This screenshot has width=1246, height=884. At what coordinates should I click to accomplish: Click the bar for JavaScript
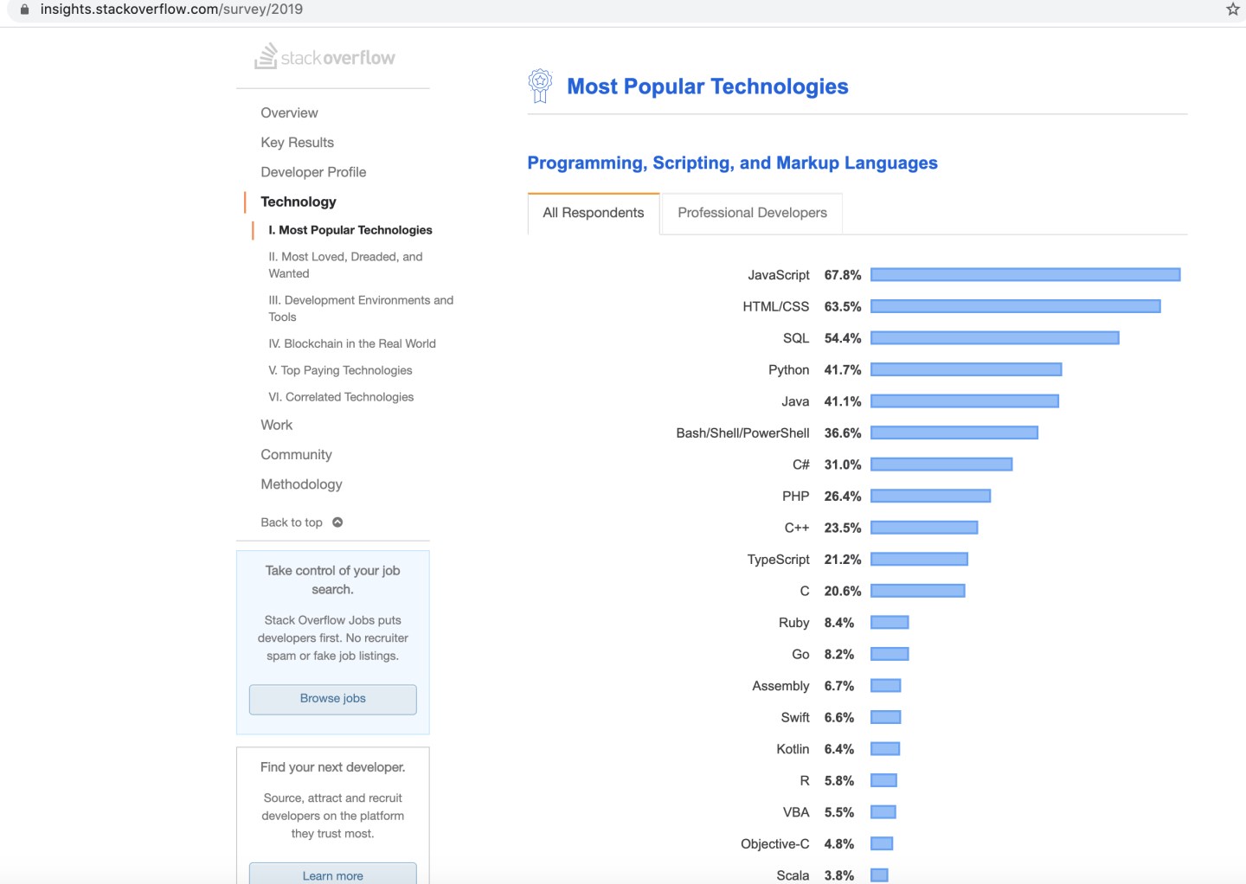1025,275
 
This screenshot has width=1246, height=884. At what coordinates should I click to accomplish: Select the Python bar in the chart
966,370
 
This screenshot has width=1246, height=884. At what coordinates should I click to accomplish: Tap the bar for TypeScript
919,560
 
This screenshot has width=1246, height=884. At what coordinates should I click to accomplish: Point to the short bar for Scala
879,875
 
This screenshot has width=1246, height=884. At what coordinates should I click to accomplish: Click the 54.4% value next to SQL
842,338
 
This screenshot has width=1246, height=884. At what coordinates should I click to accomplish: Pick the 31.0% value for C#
842,464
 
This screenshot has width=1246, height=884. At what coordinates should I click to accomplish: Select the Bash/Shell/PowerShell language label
742,433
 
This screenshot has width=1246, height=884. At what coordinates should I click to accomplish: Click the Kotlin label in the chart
793,749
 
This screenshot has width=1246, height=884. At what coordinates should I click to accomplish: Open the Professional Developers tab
752,213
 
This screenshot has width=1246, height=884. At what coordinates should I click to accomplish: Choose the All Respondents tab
594,213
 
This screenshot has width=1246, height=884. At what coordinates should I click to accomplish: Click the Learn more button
333,874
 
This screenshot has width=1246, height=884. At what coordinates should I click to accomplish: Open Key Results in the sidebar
297,143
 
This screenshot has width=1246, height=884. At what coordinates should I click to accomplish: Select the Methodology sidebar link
301,484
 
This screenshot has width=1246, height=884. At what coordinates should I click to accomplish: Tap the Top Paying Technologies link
340,370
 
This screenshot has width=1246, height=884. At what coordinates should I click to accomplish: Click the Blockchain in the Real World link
352,343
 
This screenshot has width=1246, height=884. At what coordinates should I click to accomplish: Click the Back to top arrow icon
337,522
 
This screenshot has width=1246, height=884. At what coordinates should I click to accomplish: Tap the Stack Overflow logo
324,57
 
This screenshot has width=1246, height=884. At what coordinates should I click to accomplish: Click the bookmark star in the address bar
1233,10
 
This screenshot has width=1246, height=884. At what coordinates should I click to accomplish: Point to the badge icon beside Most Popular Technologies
540,86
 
